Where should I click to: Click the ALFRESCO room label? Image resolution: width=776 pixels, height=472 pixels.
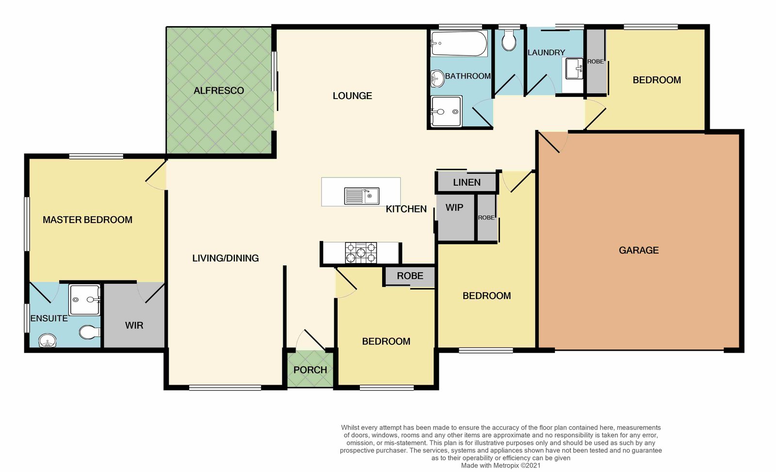pyautogui.click(x=219, y=91)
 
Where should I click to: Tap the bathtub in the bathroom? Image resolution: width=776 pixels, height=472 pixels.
pyautogui.click(x=459, y=43)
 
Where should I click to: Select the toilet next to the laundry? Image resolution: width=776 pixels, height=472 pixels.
pyautogui.click(x=509, y=40)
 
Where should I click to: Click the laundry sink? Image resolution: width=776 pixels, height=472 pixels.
pyautogui.click(x=574, y=68)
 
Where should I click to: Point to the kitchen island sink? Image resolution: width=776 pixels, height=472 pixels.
pyautogui.click(x=362, y=196)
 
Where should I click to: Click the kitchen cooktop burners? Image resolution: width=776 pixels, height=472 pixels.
pyautogui.click(x=361, y=253)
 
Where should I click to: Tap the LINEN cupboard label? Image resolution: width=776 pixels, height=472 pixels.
pyautogui.click(x=467, y=182)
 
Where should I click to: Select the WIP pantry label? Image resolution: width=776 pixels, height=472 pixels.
pyautogui.click(x=454, y=208)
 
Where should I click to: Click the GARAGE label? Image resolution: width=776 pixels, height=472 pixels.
pyautogui.click(x=638, y=250)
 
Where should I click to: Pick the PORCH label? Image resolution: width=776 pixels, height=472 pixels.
pyautogui.click(x=310, y=370)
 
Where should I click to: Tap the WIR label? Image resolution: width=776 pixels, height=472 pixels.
pyautogui.click(x=134, y=326)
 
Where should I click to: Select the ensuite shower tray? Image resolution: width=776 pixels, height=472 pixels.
pyautogui.click(x=84, y=300)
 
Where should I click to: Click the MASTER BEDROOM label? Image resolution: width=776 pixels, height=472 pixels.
pyautogui.click(x=87, y=220)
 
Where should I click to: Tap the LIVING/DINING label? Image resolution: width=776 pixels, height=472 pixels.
pyautogui.click(x=226, y=258)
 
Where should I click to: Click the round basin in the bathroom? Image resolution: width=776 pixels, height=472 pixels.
pyautogui.click(x=437, y=79)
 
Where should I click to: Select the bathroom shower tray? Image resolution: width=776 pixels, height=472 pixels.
pyautogui.click(x=447, y=111)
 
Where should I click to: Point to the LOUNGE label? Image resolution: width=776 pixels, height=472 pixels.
pyautogui.click(x=352, y=96)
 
